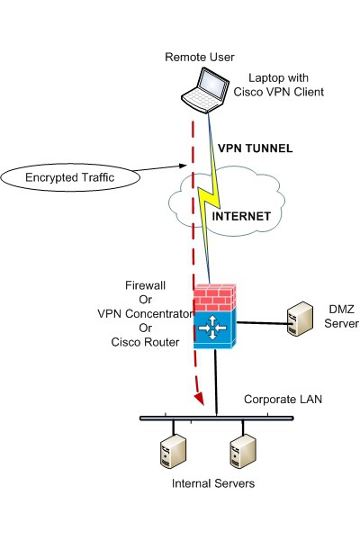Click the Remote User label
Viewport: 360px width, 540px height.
click(x=200, y=58)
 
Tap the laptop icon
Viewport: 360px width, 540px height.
click(x=206, y=90)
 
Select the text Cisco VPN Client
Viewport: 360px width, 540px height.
click(x=279, y=92)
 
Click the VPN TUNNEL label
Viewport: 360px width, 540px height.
click(x=256, y=148)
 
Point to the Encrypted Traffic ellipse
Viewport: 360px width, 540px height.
click(x=70, y=177)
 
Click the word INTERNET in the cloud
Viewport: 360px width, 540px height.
click(x=241, y=216)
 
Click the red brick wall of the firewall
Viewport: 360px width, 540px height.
click(x=215, y=298)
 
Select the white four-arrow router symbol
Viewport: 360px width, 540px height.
click(x=212, y=328)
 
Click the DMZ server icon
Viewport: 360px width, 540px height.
click(x=300, y=319)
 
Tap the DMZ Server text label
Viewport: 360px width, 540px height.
click(x=341, y=316)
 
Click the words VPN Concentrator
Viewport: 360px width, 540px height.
click(x=145, y=314)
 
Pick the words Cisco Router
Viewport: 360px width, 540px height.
click(x=145, y=342)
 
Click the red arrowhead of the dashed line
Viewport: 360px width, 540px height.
click(x=199, y=399)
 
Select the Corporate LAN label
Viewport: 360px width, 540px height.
click(x=283, y=400)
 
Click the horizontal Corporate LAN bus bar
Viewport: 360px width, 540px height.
click(x=217, y=418)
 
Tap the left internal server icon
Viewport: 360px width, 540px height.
click(x=174, y=451)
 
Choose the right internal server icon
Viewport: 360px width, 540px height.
click(x=243, y=451)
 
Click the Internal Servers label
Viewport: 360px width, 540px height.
click(x=213, y=483)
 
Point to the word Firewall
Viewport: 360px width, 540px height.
click(x=145, y=285)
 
